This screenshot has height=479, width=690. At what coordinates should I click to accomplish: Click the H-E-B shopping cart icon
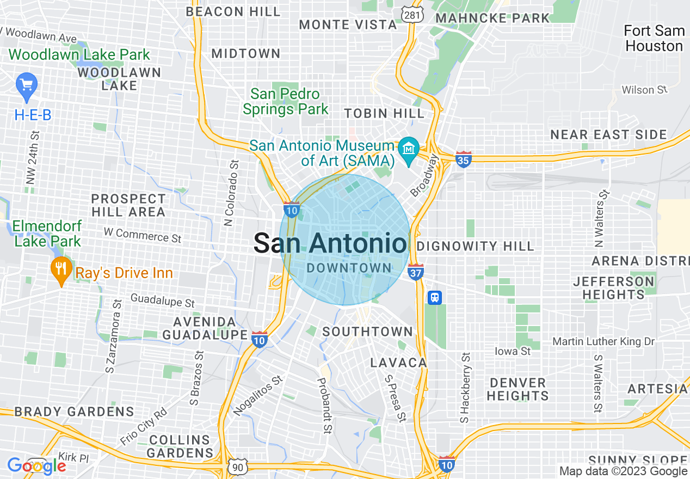(27, 84)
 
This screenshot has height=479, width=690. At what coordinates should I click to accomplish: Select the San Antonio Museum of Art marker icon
(408, 148)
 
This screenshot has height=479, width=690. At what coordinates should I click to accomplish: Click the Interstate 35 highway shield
(463, 159)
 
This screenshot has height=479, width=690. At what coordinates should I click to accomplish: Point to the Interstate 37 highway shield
(416, 272)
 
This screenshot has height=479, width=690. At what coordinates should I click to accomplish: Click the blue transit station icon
(434, 297)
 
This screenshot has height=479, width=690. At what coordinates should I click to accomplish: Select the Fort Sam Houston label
(654, 38)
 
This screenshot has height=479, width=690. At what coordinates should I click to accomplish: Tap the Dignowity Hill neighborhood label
(475, 246)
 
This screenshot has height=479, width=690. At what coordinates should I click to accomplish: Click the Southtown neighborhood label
(367, 331)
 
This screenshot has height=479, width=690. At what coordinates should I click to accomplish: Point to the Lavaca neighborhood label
(398, 363)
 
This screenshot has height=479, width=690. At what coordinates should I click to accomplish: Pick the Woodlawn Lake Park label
(79, 55)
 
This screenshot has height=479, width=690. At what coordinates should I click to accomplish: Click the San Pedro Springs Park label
(286, 102)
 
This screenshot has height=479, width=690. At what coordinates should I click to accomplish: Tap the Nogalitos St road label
(258, 395)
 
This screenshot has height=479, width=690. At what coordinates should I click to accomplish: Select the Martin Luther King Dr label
(603, 341)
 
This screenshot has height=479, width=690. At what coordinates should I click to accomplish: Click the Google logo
(36, 466)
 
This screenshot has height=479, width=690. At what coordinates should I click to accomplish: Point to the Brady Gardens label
(74, 412)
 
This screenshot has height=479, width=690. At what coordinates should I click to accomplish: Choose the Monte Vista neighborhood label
(348, 24)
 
